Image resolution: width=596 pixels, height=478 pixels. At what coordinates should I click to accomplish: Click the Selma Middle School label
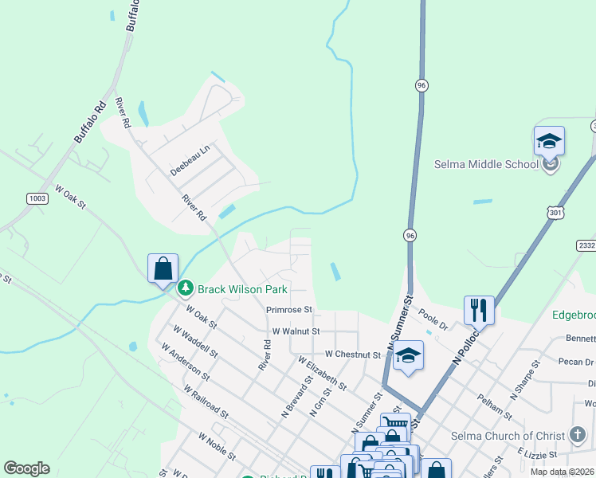click(486, 165)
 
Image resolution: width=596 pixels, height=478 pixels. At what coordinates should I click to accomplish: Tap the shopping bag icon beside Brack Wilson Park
click(163, 268)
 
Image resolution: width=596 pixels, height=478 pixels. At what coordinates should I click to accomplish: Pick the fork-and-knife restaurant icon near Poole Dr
click(479, 310)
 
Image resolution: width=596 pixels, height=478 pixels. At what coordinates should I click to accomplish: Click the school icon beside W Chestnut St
click(408, 355)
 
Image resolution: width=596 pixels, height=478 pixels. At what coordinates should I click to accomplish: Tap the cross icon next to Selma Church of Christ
click(578, 435)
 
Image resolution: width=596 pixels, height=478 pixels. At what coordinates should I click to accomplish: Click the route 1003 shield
click(37, 198)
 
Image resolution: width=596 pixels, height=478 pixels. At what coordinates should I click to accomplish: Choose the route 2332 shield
click(586, 246)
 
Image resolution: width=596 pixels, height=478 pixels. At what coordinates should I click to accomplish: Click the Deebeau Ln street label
click(189, 160)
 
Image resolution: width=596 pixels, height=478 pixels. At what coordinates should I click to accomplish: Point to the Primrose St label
click(290, 309)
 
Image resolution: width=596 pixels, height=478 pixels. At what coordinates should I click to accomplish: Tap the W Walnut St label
click(296, 331)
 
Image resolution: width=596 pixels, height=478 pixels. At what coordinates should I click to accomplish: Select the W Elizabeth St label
click(322, 373)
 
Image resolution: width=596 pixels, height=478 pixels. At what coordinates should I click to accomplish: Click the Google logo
click(26, 468)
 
